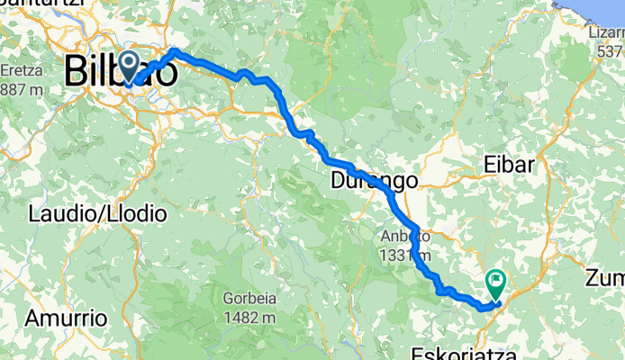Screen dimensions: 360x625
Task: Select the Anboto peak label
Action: click(398, 236)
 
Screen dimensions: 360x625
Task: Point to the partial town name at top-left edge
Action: click(41, 4)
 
